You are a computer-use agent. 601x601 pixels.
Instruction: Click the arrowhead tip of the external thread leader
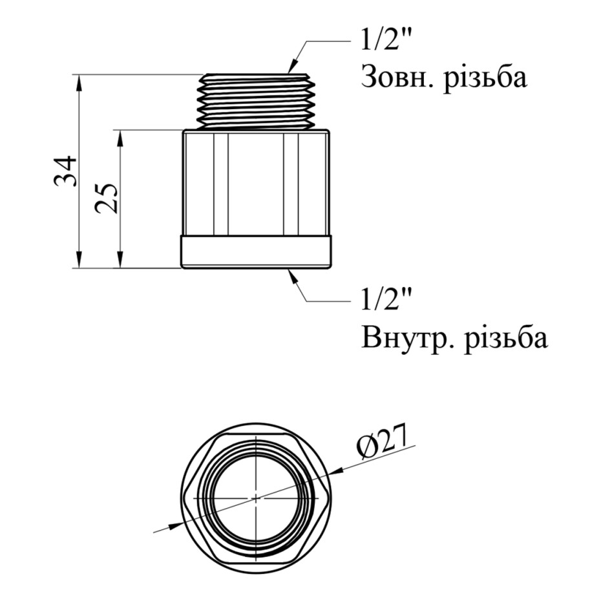(289, 73)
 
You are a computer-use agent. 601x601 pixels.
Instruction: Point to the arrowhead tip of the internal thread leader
(289, 269)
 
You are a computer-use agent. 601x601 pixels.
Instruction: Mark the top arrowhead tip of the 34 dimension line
(79, 74)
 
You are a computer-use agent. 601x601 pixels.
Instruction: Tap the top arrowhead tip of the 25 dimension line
(120, 131)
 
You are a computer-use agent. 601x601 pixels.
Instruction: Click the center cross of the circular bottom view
(256, 498)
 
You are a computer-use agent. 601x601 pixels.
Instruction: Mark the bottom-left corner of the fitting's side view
(182, 268)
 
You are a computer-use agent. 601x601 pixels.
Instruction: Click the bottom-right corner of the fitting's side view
(330, 268)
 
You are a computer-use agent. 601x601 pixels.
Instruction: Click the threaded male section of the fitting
(256, 100)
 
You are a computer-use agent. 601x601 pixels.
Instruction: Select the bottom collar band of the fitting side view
(256, 251)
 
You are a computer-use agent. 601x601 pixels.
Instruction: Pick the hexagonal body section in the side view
(256, 182)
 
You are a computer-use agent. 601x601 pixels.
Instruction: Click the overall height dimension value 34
(65, 171)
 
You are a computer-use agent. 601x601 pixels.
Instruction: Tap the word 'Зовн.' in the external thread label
(397, 77)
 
